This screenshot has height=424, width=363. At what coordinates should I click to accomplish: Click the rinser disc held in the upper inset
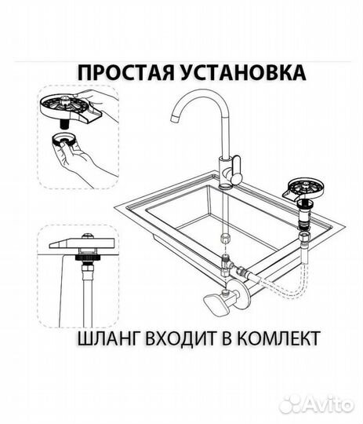tap(68, 106)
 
